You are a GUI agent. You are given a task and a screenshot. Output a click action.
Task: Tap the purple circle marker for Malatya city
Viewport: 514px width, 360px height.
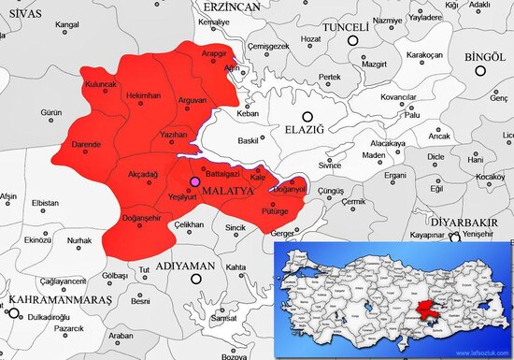click(x=194, y=181)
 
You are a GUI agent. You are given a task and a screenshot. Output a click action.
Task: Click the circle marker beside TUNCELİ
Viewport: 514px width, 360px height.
click(x=354, y=41)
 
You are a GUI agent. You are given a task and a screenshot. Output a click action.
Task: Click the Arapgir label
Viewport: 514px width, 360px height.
click(x=215, y=54)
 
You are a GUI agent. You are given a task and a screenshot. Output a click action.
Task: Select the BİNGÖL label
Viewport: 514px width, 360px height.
click(x=484, y=56)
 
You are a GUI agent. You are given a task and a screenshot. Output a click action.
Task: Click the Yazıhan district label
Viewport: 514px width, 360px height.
click(x=175, y=136)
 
